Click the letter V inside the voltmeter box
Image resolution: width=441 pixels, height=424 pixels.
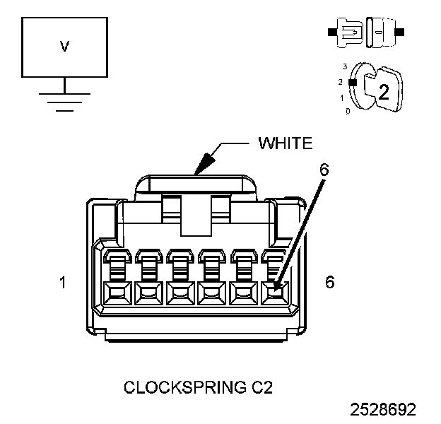(x=64, y=47)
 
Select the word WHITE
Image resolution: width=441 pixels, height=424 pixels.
(x=286, y=143)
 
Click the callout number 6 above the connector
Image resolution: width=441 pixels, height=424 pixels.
(x=324, y=170)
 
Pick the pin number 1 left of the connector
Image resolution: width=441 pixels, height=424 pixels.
(x=64, y=282)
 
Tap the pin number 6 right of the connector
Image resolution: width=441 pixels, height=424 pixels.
(x=329, y=281)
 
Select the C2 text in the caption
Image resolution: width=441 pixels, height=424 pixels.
(x=259, y=387)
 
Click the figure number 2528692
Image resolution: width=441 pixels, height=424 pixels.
(x=382, y=409)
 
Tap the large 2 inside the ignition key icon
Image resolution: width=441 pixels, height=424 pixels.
(x=383, y=91)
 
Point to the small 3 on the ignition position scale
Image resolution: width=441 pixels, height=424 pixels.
(x=344, y=66)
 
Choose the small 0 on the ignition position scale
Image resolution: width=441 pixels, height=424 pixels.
(x=347, y=112)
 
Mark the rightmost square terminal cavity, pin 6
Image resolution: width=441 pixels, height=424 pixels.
(x=274, y=292)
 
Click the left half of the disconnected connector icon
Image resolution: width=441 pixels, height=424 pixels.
(x=349, y=33)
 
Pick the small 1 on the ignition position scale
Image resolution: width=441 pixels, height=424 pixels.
(x=343, y=98)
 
